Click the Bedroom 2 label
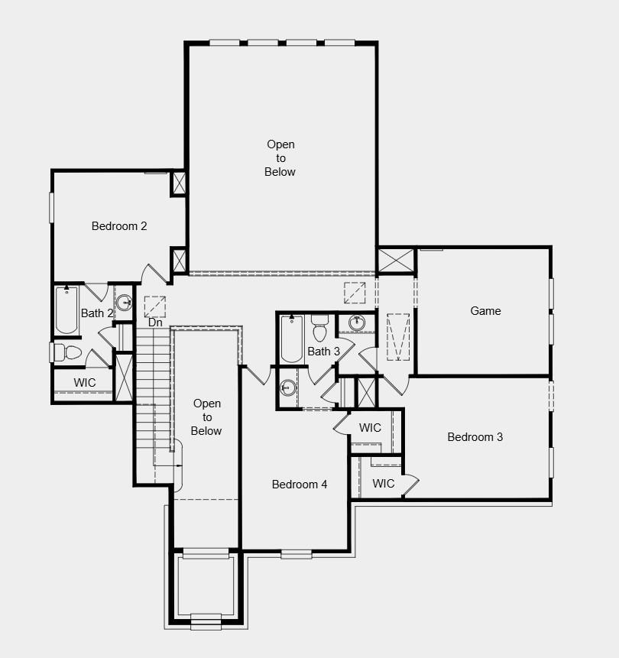pyautogui.click(x=119, y=226)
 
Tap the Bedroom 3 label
pyautogui.click(x=475, y=437)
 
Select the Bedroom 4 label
pyautogui.click(x=300, y=485)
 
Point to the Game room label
pyautogui.click(x=485, y=311)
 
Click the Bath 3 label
pyautogui.click(x=323, y=352)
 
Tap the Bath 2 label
pyautogui.click(x=97, y=313)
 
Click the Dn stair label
pyautogui.click(x=155, y=323)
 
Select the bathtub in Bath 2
pyautogui.click(x=66, y=310)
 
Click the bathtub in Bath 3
pyautogui.click(x=292, y=339)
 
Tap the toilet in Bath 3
pyautogui.click(x=319, y=329)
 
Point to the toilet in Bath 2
pyautogui.click(x=68, y=352)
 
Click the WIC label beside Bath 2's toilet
pyautogui.click(x=85, y=382)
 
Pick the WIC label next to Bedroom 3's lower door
pyautogui.click(x=384, y=483)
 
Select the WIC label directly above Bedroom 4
pyautogui.click(x=370, y=428)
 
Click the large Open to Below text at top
pyautogui.click(x=280, y=158)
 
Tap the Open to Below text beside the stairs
pyautogui.click(x=207, y=417)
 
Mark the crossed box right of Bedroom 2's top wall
pyautogui.click(x=179, y=184)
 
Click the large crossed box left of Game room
pyautogui.click(x=396, y=260)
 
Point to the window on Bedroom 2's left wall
pyautogui.click(x=52, y=207)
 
